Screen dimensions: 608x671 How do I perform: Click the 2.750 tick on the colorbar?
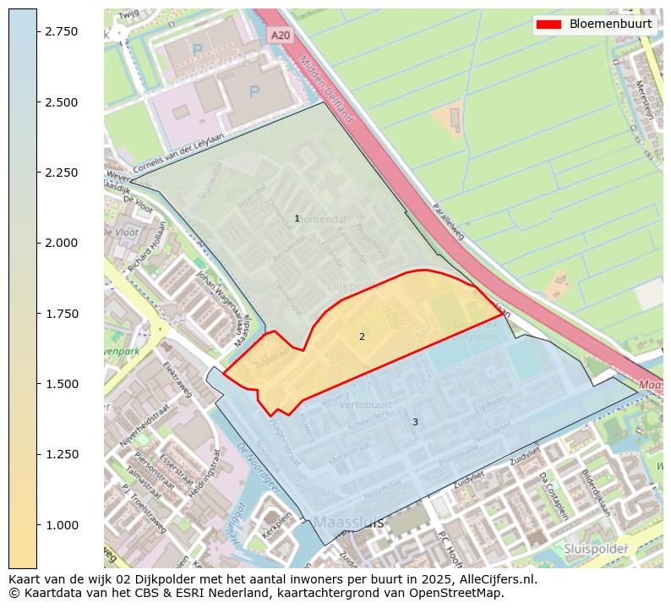37,31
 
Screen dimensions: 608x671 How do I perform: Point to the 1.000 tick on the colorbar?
37,525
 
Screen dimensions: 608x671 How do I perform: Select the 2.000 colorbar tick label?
61,243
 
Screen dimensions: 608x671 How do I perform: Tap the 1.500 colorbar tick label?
61,384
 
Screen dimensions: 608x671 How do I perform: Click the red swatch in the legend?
550,24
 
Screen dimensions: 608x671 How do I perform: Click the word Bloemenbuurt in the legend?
610,24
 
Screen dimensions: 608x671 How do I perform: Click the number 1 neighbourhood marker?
297,219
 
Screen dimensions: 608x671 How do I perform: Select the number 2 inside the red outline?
362,337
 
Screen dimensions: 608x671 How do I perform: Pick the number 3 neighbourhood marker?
415,422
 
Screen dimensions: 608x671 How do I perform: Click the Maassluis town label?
348,523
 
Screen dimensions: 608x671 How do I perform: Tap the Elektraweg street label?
178,381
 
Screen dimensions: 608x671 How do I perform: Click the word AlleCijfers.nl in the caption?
492,580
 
